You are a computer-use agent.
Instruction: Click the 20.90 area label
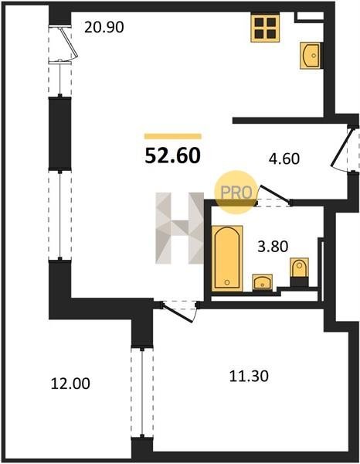[104, 28]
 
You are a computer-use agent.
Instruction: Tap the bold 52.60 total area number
[172, 155]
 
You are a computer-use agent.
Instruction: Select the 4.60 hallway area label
[284, 159]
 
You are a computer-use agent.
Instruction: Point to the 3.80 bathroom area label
[273, 246]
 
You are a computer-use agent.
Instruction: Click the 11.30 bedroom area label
[249, 377]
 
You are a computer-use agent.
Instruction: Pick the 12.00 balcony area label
[70, 384]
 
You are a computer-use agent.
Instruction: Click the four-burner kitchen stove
[265, 28]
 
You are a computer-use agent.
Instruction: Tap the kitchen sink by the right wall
[311, 56]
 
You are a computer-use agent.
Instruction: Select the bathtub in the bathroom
[227, 258]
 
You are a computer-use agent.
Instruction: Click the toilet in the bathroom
[300, 271]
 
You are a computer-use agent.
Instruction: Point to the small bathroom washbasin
[262, 281]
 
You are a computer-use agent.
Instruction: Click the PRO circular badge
[236, 192]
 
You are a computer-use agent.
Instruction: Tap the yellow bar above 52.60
[172, 136]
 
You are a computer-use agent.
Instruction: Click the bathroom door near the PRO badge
[273, 196]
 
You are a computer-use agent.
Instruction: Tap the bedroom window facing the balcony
[142, 392]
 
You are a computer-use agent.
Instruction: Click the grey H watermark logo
[180, 228]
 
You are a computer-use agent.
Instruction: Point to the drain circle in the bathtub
[227, 282]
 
